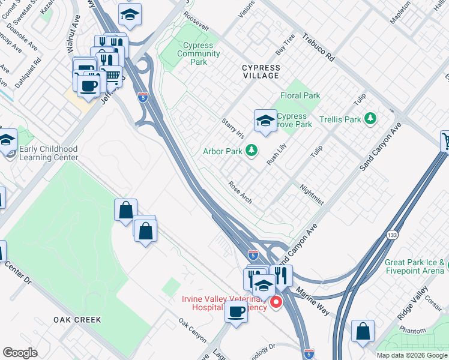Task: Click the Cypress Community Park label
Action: click(199, 53)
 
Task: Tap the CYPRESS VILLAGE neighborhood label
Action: click(261, 71)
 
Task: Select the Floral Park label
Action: click(300, 95)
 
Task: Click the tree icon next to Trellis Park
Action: click(372, 119)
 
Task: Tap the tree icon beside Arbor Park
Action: click(253, 151)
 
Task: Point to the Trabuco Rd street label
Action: click(318, 47)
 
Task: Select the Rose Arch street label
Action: click(240, 191)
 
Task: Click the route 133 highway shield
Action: click(392, 235)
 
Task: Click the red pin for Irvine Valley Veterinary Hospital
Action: click(276, 302)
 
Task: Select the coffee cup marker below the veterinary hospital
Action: click(237, 312)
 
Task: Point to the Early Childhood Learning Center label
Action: click(49, 153)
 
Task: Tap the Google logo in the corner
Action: click(20, 353)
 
